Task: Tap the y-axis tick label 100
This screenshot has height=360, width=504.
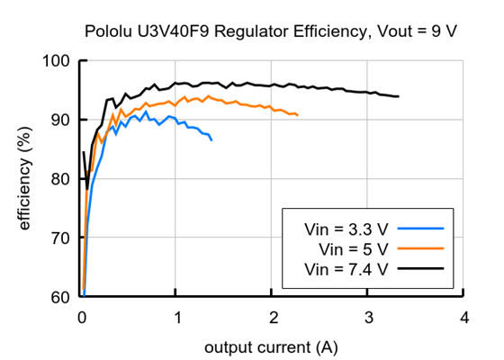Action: [57, 61]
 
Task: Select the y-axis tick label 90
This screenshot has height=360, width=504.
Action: [61, 120]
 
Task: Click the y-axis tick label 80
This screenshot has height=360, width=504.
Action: [61, 179]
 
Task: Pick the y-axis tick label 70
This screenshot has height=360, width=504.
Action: [61, 238]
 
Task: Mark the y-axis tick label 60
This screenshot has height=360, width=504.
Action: [61, 297]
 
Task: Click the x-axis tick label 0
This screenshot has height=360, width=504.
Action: [82, 318]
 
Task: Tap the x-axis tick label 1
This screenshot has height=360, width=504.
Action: [177, 318]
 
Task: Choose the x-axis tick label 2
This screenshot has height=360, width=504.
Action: [273, 318]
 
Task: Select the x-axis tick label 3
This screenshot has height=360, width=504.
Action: [368, 318]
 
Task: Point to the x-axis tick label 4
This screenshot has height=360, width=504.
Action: [463, 318]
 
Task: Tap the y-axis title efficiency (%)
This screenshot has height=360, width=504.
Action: [25, 179]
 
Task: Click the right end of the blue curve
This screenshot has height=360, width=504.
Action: [212, 140]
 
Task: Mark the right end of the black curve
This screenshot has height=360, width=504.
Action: [399, 96]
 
